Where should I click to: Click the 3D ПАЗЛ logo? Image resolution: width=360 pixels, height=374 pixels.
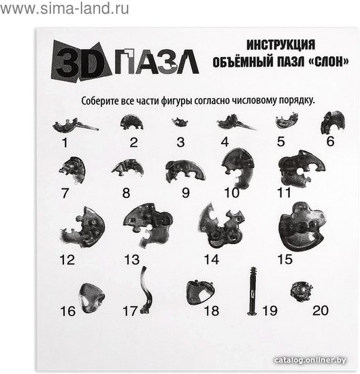(x=125, y=61)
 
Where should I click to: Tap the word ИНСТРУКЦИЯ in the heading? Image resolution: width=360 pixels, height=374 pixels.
(x=281, y=45)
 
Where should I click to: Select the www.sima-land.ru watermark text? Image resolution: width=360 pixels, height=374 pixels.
(x=65, y=9)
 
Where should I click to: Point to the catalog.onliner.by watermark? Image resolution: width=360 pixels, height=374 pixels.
(x=310, y=360)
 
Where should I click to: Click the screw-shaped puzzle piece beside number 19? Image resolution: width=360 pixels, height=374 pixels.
(x=253, y=291)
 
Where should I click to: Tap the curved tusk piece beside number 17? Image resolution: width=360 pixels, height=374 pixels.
(x=146, y=290)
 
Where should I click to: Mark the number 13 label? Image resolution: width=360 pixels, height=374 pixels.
(x=132, y=260)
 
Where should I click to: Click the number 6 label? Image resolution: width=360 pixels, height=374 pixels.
(x=331, y=141)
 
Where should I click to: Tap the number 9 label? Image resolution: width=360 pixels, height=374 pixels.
(x=186, y=192)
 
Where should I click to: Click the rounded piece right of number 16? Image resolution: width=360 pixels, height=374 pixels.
(x=91, y=298)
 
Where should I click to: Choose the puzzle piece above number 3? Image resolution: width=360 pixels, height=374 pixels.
(x=180, y=122)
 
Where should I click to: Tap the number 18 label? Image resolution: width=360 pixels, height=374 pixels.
(x=212, y=311)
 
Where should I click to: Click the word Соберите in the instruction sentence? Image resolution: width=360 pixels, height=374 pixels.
(x=100, y=101)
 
